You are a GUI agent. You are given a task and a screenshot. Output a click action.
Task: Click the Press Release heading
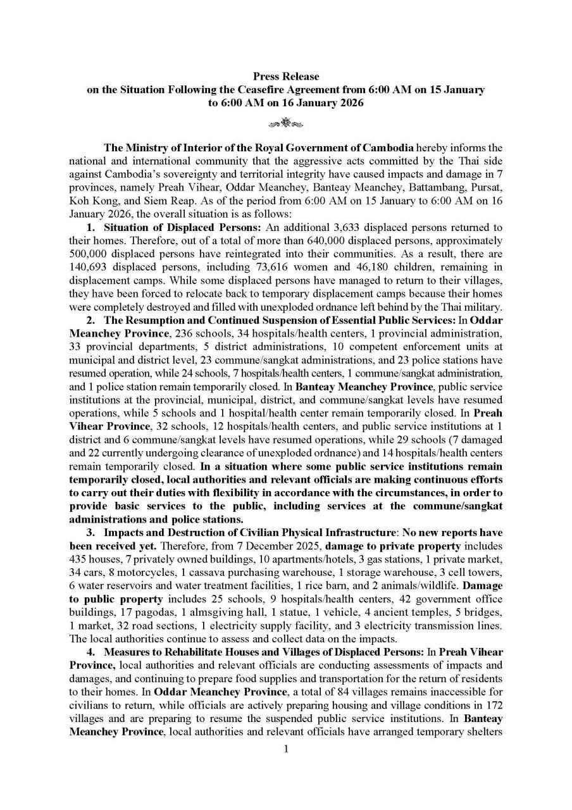coord(286,77)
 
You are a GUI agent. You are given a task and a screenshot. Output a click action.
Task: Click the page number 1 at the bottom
coord(286,749)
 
